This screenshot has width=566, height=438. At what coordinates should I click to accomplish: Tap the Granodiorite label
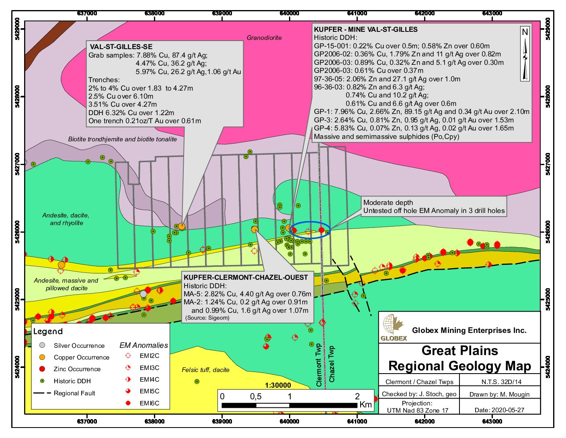(x=264, y=38)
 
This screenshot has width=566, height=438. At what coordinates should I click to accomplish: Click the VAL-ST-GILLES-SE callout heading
(x=121, y=47)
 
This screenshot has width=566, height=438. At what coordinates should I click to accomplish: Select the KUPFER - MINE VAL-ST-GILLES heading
(x=365, y=29)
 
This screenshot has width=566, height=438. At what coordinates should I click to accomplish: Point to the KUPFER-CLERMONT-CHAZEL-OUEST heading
(x=246, y=277)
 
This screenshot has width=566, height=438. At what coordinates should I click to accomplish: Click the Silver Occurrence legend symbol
(x=42, y=345)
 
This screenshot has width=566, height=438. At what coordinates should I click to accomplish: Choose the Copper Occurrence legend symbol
(x=42, y=357)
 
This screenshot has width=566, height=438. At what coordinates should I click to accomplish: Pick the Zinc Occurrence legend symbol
(x=42, y=369)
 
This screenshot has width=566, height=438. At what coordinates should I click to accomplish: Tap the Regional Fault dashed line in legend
(x=42, y=393)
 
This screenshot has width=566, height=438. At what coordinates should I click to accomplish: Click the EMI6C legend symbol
(x=128, y=403)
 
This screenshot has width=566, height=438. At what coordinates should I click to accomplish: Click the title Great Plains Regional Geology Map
(x=459, y=358)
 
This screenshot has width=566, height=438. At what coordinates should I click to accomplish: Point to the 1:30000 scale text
(x=278, y=385)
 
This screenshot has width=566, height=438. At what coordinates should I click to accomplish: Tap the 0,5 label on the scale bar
(x=256, y=397)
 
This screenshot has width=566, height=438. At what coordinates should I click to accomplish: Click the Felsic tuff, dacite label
(x=205, y=370)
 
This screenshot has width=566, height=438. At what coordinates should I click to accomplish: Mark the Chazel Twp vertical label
(x=332, y=364)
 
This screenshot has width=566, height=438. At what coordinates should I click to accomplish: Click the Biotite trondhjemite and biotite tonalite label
(x=122, y=139)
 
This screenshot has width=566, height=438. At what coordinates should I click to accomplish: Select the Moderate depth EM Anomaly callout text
(x=434, y=207)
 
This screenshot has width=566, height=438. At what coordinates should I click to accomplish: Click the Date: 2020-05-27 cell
(x=499, y=410)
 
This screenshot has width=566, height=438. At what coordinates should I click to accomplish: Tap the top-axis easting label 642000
(x=424, y=13)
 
